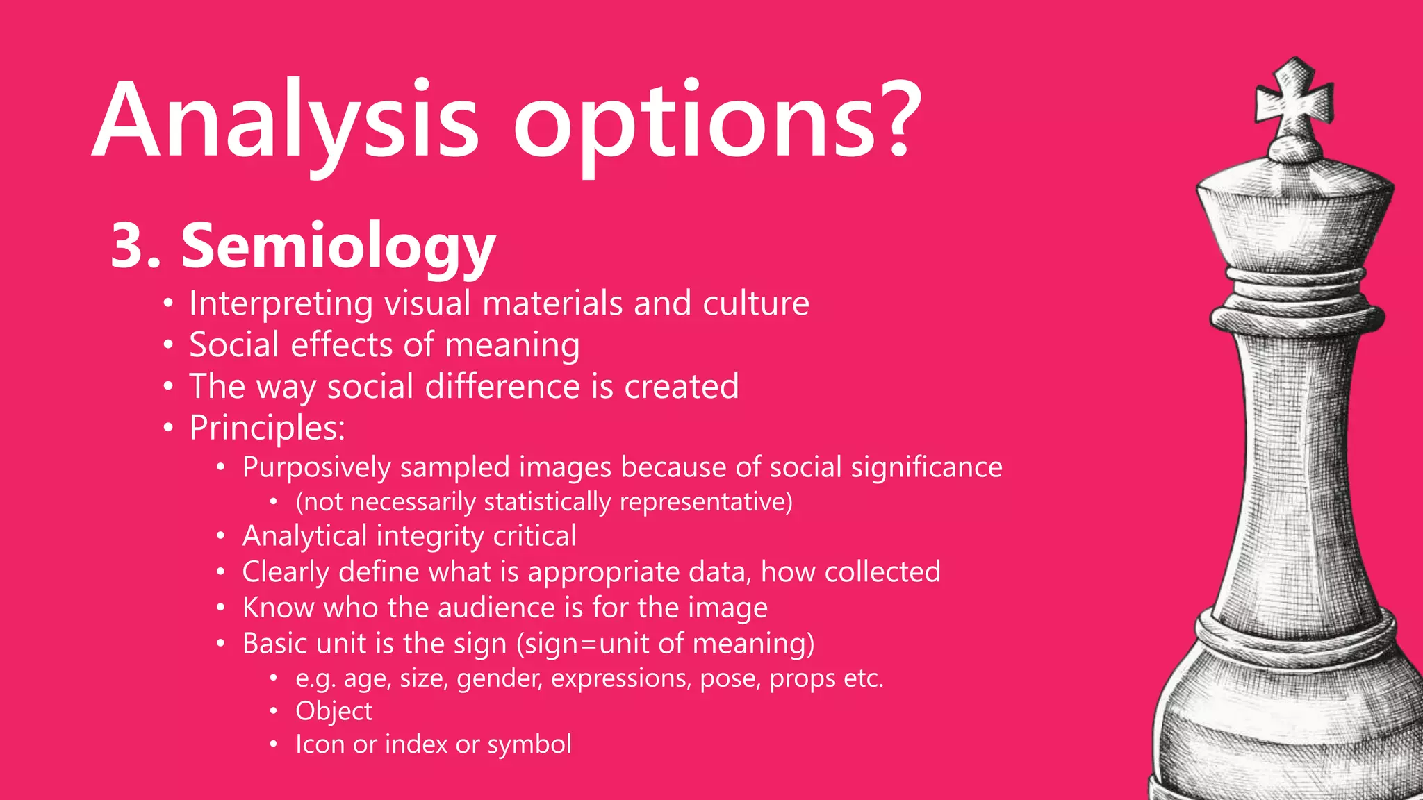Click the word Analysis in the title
pos(285,122)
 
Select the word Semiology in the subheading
pos(338,247)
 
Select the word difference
pos(502,386)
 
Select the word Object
pos(334,711)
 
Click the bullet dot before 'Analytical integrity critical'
pos(220,537)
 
